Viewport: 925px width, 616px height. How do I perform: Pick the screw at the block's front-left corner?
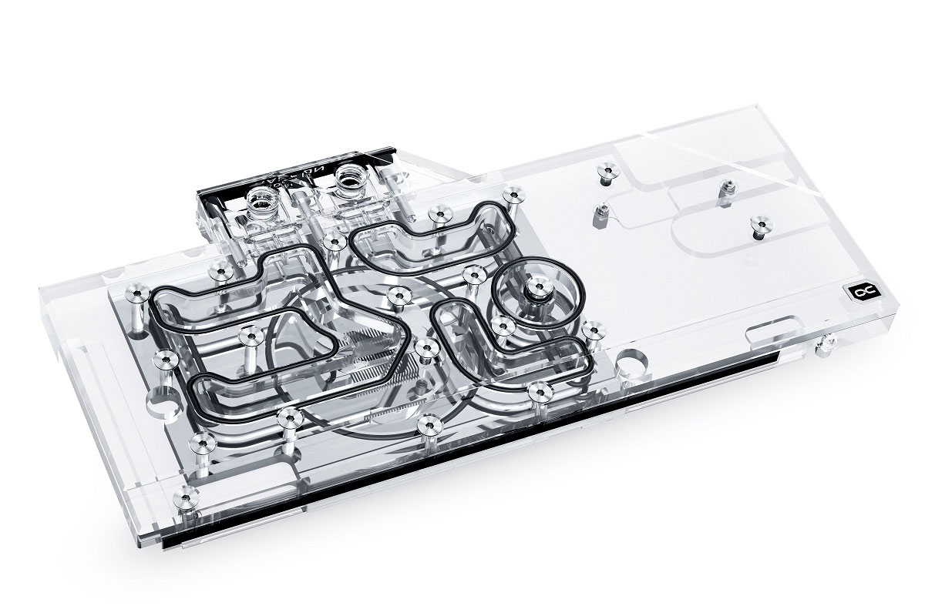[184, 493]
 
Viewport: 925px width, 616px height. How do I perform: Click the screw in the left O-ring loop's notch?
[248, 336]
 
